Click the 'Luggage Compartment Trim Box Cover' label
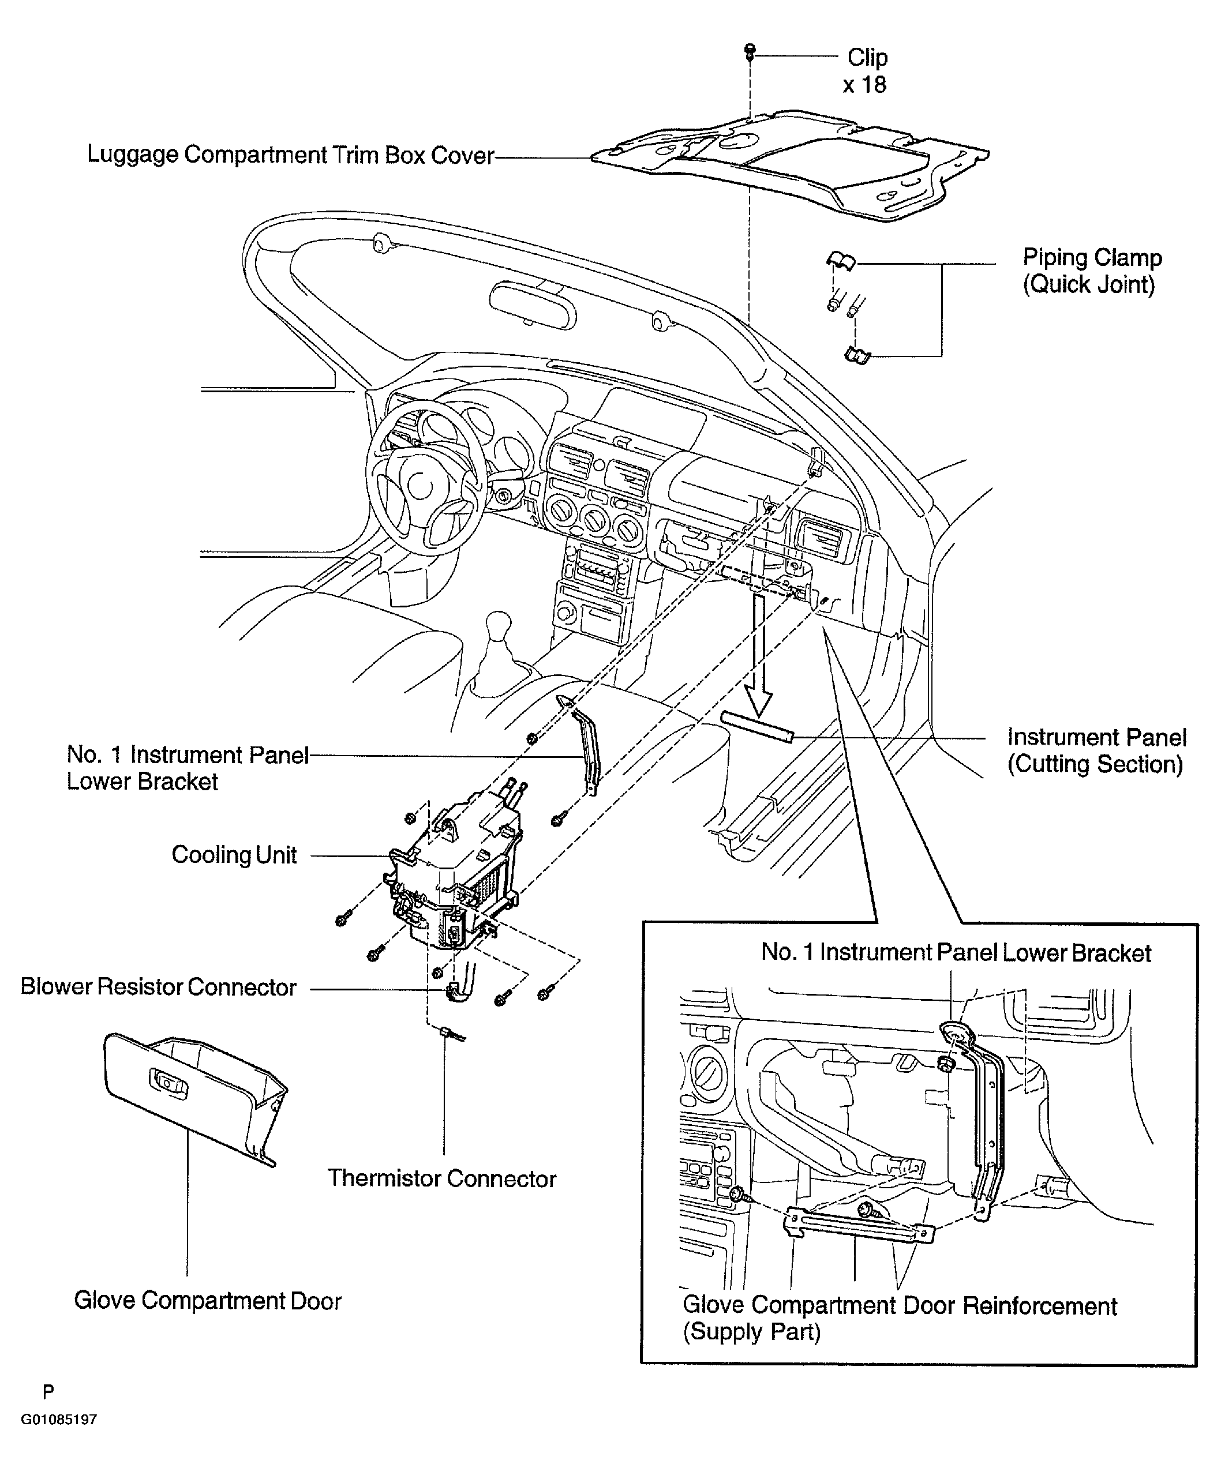tap(290, 155)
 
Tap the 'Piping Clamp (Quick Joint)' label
tap(1092, 271)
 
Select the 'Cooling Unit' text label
tap(234, 855)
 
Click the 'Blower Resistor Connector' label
tap(159, 987)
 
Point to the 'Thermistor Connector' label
tap(442, 1178)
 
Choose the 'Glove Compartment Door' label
tap(208, 1300)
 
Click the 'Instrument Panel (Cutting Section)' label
tap(1096, 751)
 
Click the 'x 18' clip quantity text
tap(864, 85)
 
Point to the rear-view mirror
tap(533, 304)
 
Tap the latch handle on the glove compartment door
tap(168, 1082)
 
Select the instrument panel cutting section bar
tap(758, 728)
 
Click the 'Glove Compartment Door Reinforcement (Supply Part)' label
tap(900, 1319)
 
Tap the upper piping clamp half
tap(841, 260)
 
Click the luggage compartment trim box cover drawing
tap(790, 166)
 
